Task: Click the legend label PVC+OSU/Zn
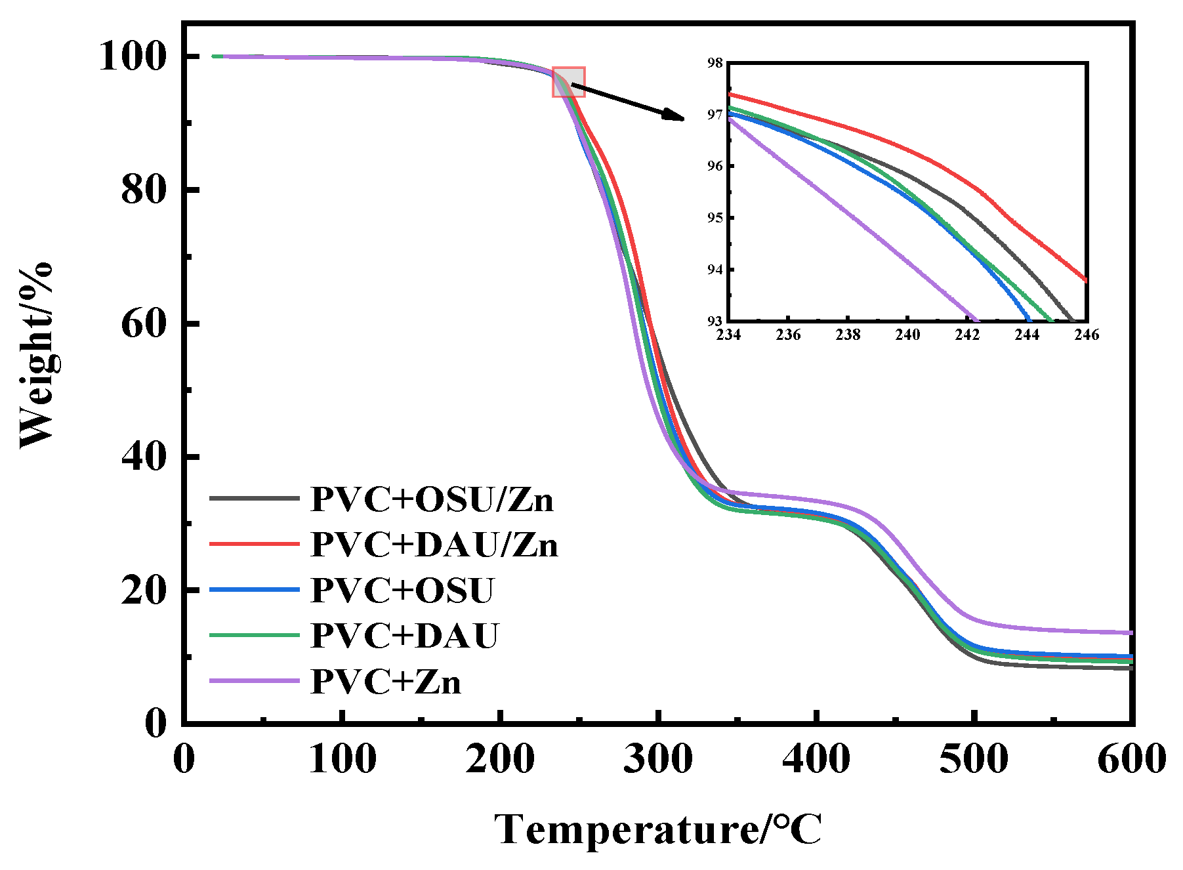pyautogui.click(x=432, y=500)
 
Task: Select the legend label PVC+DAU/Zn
pyautogui.click(x=434, y=545)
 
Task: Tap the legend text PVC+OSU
pyautogui.click(x=402, y=590)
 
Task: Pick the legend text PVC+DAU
pyautogui.click(x=405, y=636)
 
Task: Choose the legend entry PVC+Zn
pyautogui.click(x=386, y=682)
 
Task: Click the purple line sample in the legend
pyautogui.click(x=255, y=681)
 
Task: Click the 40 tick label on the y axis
pyautogui.click(x=143, y=457)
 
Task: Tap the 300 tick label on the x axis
pyautogui.click(x=658, y=760)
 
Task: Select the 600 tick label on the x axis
pyautogui.click(x=1131, y=760)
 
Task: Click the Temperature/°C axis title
pyautogui.click(x=658, y=830)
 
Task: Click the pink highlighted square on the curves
pyautogui.click(x=568, y=82)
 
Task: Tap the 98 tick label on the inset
pyautogui.click(x=715, y=63)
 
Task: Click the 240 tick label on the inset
pyautogui.click(x=907, y=335)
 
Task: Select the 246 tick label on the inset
pyautogui.click(x=1087, y=335)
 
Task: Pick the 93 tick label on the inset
pyautogui.click(x=715, y=321)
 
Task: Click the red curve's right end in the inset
pyautogui.click(x=1086, y=280)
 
